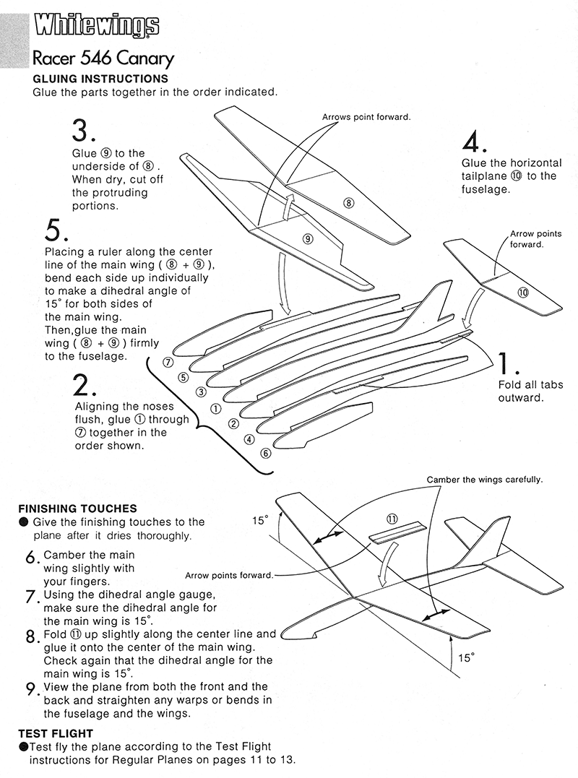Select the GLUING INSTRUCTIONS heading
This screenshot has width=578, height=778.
click(x=100, y=79)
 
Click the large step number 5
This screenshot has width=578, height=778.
click(x=56, y=230)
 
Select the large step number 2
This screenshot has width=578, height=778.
click(x=85, y=386)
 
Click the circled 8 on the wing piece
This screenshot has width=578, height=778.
click(x=348, y=203)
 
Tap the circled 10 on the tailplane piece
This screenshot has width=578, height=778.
click(x=523, y=293)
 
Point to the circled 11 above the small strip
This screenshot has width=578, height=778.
click(x=392, y=519)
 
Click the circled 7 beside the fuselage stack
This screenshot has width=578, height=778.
click(x=168, y=362)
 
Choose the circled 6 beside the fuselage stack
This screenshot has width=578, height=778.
click(x=265, y=454)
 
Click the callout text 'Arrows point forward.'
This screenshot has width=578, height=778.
click(x=366, y=116)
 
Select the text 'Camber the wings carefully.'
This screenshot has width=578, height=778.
click(x=484, y=480)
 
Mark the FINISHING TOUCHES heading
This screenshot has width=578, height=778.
click(x=77, y=509)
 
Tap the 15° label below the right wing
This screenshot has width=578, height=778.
click(x=467, y=657)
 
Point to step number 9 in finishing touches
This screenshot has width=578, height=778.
click(x=32, y=689)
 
